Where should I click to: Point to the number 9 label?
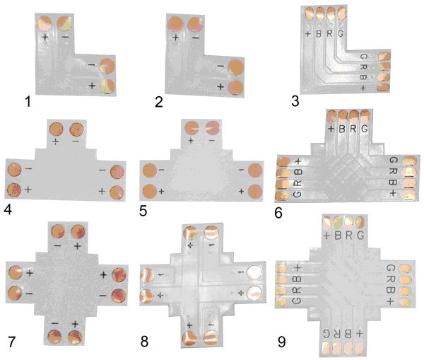[281, 342]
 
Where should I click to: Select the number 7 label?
[12, 342]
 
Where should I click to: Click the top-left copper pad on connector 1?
[44, 23]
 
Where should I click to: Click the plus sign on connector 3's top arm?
[308, 33]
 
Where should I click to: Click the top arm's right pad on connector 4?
[76, 129]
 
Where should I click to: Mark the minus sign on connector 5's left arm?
[162, 170]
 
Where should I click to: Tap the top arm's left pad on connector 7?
[58, 231]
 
